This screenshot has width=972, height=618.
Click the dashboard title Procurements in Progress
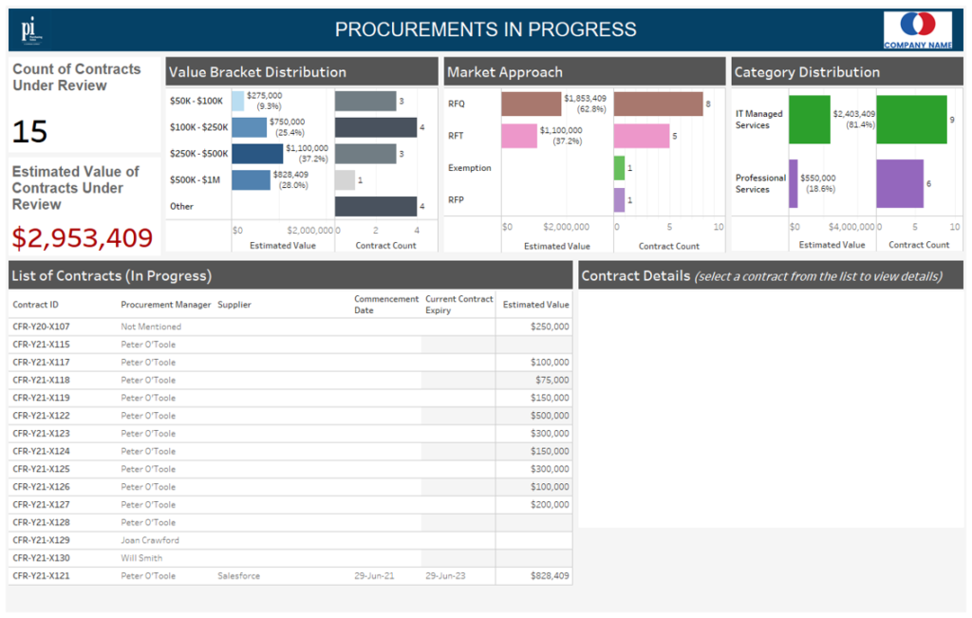(485, 29)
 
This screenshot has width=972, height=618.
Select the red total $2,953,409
(83, 237)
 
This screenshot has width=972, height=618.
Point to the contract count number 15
(30, 132)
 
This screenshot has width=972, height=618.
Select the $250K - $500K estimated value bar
(257, 154)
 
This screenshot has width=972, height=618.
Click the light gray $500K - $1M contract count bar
(345, 180)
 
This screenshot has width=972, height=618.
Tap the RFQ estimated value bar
(532, 103)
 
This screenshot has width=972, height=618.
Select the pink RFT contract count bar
(642, 136)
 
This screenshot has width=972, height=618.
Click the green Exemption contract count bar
(619, 168)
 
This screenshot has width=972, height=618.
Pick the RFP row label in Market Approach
(457, 200)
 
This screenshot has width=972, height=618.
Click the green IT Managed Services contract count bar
(911, 120)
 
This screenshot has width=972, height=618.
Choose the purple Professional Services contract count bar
(900, 183)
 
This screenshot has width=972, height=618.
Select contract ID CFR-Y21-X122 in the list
(41, 416)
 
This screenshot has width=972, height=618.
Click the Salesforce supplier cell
(238, 576)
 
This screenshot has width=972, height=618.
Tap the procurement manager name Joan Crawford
(150, 540)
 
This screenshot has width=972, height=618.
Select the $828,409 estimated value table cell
(550, 576)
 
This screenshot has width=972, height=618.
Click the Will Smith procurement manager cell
(142, 558)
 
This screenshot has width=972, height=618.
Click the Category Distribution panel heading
(807, 72)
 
